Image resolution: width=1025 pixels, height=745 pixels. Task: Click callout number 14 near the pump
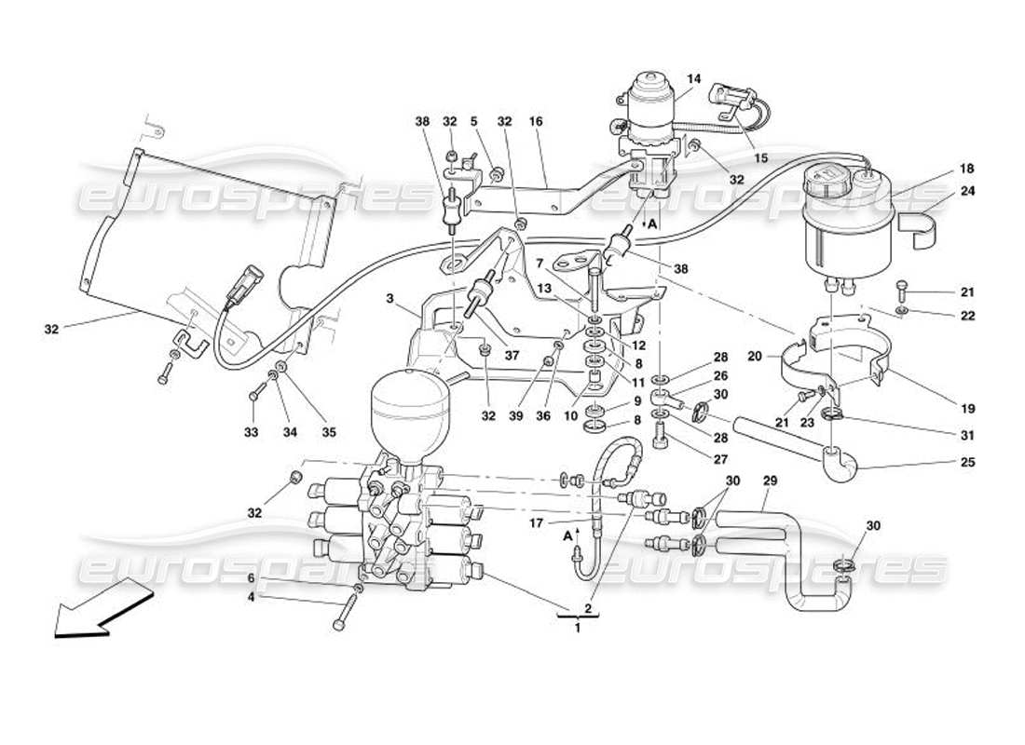click(691, 80)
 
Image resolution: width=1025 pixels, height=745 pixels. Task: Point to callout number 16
click(535, 121)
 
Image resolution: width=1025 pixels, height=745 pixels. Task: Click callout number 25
click(966, 462)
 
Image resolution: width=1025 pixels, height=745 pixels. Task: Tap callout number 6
click(251, 578)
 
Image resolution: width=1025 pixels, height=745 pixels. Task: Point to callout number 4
click(251, 596)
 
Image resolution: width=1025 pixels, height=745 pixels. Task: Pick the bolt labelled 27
click(662, 434)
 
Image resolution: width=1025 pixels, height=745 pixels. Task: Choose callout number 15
click(760, 158)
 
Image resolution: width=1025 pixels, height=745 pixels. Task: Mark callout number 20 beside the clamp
click(755, 356)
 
